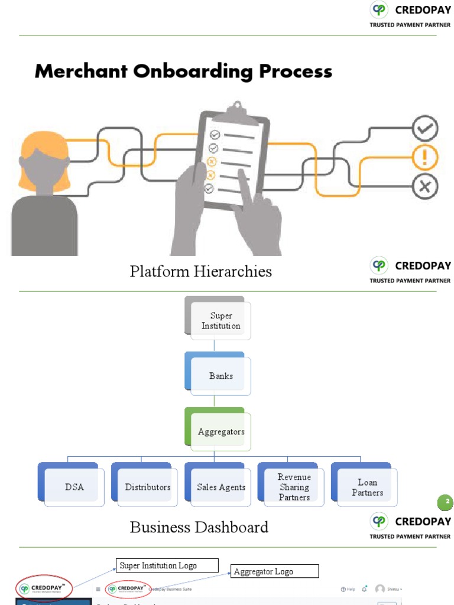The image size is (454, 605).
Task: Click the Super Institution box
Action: click(220, 321)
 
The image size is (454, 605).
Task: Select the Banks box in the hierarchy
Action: click(220, 376)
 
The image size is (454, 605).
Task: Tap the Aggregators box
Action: click(220, 432)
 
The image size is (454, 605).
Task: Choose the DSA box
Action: click(74, 487)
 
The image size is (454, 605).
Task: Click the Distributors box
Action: click(147, 487)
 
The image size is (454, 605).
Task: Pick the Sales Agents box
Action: click(220, 487)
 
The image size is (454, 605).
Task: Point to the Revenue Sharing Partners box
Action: click(294, 487)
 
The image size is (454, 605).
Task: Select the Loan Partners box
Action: click(367, 487)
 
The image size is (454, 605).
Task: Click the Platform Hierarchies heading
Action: click(201, 271)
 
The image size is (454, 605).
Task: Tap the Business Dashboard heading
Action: click(199, 527)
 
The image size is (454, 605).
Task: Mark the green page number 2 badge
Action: click(446, 502)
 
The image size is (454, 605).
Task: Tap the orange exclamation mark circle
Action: click(424, 158)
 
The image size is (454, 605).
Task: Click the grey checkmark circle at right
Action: click(424, 128)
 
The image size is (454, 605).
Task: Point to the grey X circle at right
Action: click(424, 187)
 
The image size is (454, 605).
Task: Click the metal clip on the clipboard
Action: click(237, 109)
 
